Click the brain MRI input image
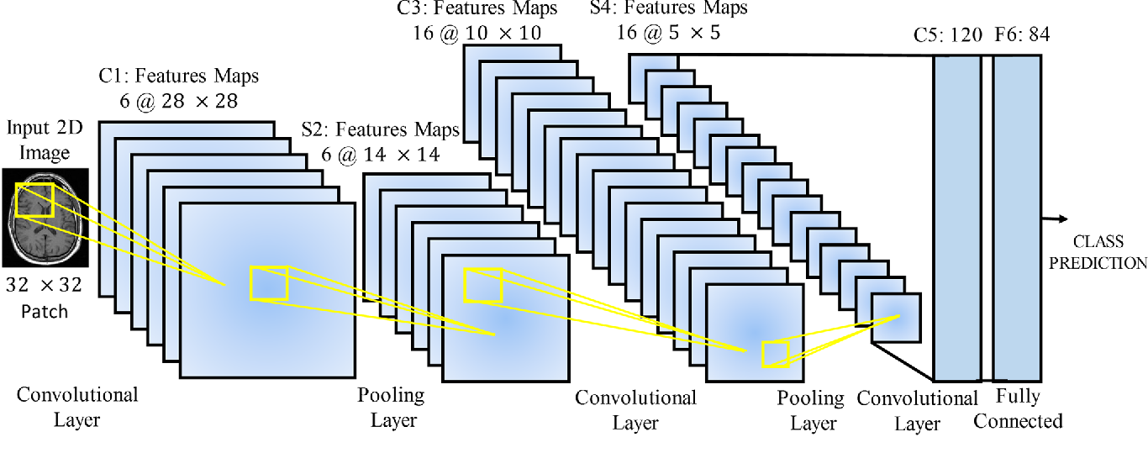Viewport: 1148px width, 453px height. point(45,218)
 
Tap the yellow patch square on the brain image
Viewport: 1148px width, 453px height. point(34,200)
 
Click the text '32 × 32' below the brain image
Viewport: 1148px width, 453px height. point(44,285)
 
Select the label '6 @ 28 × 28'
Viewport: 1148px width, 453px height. point(179,102)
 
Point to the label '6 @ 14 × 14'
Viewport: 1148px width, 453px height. point(380,155)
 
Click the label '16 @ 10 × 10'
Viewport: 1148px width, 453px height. point(477,34)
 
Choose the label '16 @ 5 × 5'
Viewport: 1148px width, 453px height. point(668,33)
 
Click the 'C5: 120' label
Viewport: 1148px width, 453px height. point(948,34)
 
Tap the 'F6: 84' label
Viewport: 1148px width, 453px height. point(1023,34)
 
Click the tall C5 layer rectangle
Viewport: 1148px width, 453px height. point(957,219)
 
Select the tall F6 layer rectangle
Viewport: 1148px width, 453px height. point(1017,219)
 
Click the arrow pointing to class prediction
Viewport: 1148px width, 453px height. point(1055,219)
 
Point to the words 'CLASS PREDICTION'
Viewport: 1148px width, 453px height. point(1098,252)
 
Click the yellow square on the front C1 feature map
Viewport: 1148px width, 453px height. point(269,283)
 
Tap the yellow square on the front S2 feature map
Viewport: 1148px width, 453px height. point(482,285)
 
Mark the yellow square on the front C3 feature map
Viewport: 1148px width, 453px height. point(776,354)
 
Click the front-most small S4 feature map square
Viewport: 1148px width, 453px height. point(897,318)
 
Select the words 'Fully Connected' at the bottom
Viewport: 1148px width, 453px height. point(1018,408)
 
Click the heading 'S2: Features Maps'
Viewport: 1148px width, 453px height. point(380,129)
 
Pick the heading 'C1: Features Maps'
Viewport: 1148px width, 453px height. point(179,76)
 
